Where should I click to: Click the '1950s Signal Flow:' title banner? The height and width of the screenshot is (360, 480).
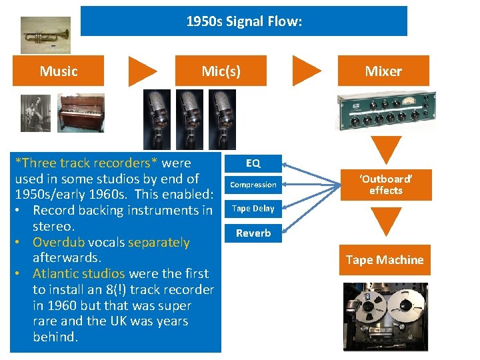pos(243,21)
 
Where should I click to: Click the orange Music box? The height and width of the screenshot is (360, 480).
pos(59,71)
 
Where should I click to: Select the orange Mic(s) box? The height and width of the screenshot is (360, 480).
pos(221,71)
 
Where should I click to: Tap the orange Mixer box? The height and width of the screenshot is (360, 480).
pos(383,71)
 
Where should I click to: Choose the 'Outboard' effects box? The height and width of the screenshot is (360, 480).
pos(386,185)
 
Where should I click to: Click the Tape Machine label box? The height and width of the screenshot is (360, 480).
pos(385,260)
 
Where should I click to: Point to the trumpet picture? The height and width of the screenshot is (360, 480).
pos(45,35)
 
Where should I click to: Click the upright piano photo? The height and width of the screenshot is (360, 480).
pos(81,112)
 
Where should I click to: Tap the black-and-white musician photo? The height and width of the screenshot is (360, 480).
pos(35,112)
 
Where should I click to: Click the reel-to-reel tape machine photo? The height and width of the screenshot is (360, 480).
pos(385,316)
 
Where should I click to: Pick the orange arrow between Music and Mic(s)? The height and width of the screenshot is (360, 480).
pos(142,71)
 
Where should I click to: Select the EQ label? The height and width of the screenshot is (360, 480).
pos(253,163)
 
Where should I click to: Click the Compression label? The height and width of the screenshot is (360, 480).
pos(253,185)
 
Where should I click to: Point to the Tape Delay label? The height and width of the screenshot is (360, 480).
pos(253,209)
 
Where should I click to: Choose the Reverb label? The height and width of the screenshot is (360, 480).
pos(253,233)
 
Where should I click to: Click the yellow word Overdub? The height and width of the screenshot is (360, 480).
pos(57,242)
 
